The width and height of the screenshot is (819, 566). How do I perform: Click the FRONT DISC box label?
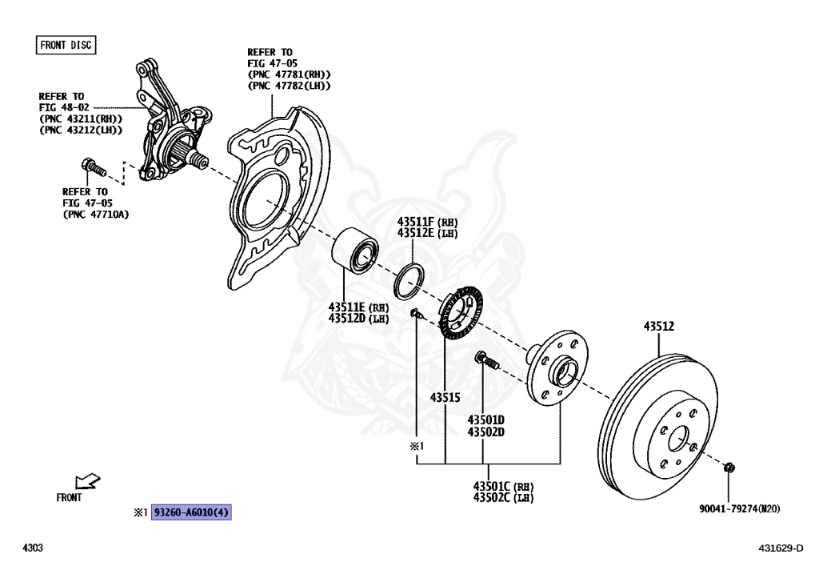[x=66, y=45]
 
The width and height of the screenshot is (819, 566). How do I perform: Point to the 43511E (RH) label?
[x=358, y=307]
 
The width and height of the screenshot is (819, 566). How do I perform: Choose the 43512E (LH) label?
[x=427, y=232]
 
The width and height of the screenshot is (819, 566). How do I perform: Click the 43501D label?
[x=486, y=419]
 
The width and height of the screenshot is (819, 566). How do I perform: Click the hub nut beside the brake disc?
[x=729, y=468]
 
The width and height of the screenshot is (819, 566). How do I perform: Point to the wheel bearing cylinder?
[x=355, y=249]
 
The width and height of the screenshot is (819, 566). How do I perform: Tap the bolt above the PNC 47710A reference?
[x=93, y=168]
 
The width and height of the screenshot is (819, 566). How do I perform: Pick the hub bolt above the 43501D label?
[x=485, y=361]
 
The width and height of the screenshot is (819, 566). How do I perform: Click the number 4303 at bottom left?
[x=32, y=548]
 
